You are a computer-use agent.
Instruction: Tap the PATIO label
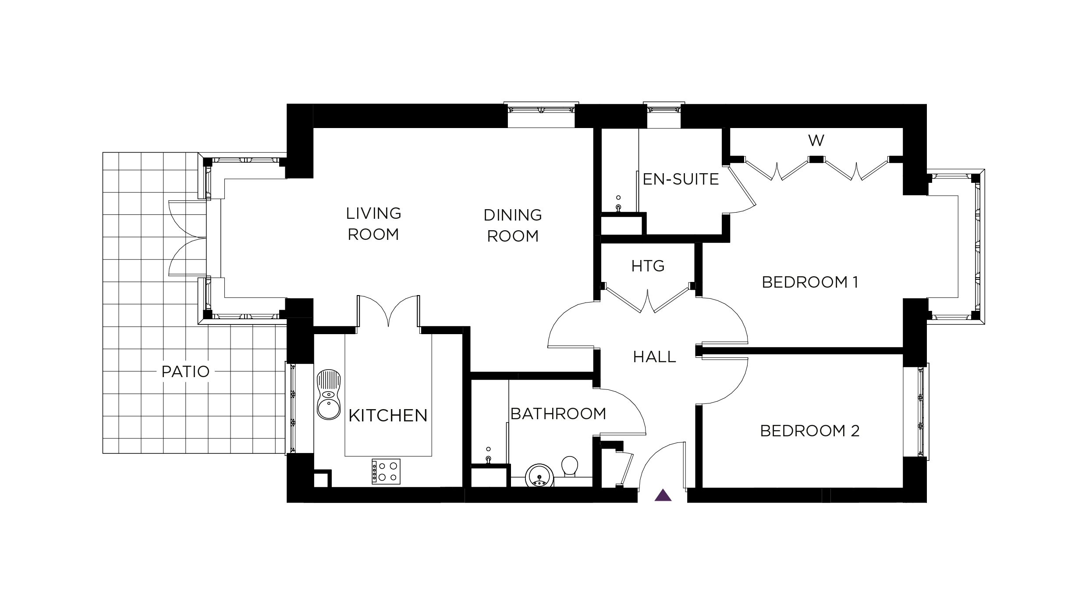[x=185, y=372]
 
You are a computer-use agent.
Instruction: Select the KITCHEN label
[x=388, y=415]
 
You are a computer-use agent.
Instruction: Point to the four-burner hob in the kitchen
[x=386, y=471]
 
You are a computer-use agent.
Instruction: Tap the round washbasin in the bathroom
[x=539, y=476]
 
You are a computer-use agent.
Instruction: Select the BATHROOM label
[x=558, y=414]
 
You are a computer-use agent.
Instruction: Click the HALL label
[x=654, y=357]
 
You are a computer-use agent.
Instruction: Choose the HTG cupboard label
[x=648, y=266]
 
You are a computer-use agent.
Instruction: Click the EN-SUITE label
[x=681, y=179]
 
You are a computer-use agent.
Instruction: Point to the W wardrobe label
[x=816, y=141]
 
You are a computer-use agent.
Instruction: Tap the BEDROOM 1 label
[x=810, y=282]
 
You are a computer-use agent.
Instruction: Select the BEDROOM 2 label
[x=809, y=431]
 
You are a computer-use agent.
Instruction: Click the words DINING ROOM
[x=513, y=225]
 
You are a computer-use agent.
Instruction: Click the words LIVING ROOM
[x=373, y=224]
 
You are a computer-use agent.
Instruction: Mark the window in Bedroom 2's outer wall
[x=921, y=411]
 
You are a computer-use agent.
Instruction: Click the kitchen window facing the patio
[x=291, y=408]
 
